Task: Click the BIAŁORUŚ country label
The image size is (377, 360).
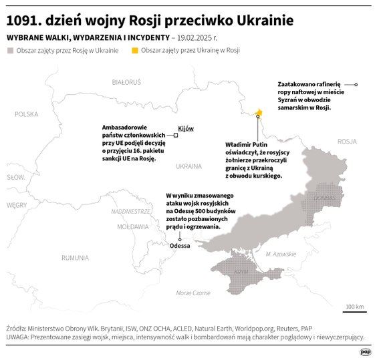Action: tap(127, 81)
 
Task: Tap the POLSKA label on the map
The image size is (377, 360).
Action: tap(27, 114)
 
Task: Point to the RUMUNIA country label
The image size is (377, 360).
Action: tap(74, 257)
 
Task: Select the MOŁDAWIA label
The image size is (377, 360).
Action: tap(132, 227)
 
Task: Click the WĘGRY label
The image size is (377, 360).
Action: tap(16, 205)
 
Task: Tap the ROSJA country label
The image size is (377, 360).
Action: tap(348, 141)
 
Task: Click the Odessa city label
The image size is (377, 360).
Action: tap(180, 246)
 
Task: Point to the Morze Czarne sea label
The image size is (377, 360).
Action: tap(193, 293)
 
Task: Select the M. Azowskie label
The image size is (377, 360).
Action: tap(280, 254)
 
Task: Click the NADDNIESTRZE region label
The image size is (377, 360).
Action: tap(130, 211)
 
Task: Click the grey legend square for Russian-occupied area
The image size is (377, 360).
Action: tap(9, 50)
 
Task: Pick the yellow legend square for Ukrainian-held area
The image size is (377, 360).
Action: tap(136, 50)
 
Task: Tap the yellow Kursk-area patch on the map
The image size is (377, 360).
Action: tap(258, 111)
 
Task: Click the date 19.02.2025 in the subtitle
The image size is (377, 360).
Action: tap(202, 37)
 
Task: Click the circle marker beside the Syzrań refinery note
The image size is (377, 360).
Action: tap(356, 85)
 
